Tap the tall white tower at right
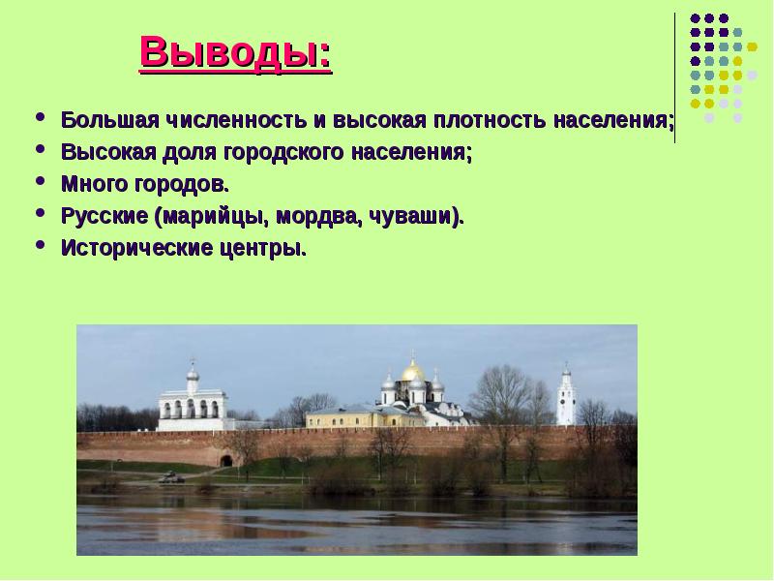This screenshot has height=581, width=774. click(x=565, y=397)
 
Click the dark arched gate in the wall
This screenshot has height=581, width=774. click(x=226, y=459)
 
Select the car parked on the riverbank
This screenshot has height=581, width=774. click(x=171, y=476)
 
